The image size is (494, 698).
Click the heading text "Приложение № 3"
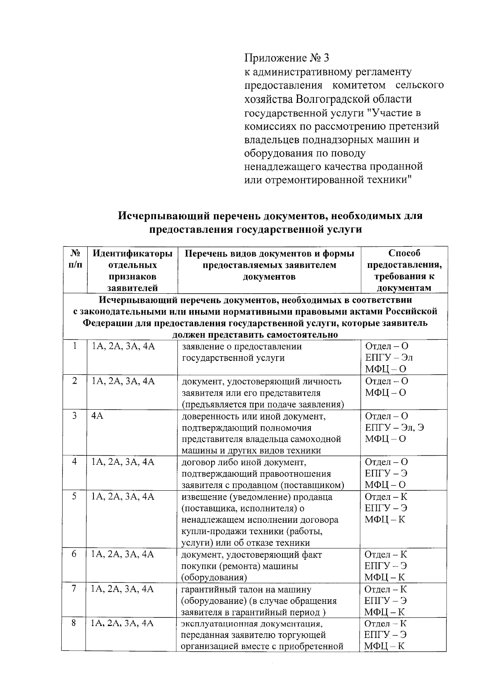pos(287,58)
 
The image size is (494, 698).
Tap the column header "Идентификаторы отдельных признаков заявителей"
pos(132,270)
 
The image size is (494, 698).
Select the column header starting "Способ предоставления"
pos(404,270)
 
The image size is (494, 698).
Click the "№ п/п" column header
pos(75,259)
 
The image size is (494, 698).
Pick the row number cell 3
pos(75,416)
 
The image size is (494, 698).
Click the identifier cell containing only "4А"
pos(98,416)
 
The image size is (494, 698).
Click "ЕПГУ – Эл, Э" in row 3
pos(394,427)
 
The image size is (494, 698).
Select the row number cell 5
pos(75,496)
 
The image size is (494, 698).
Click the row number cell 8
pos(74,623)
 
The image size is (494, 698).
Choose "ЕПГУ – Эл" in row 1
pos(389,357)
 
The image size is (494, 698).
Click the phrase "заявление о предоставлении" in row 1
pos(242,346)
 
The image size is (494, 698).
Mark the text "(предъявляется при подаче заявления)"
pos(263,404)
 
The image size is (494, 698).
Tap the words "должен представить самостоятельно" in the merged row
pos(255,334)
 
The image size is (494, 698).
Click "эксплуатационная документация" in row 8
pos(252,624)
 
